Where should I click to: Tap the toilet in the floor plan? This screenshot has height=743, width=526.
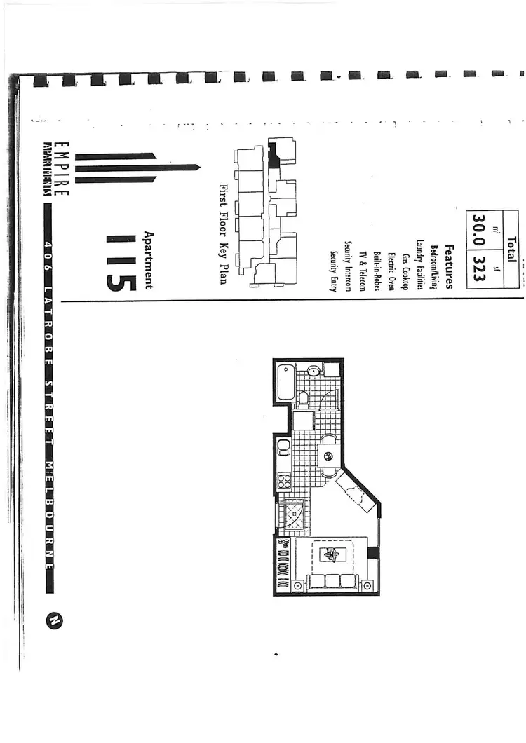[304, 399]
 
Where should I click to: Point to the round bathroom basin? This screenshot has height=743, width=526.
[313, 370]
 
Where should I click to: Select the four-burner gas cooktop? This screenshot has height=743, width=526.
[285, 481]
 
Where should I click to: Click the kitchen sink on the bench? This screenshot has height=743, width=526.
[283, 447]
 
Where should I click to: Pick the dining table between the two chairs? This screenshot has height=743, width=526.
[328, 457]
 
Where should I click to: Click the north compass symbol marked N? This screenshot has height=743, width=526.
[55, 620]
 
